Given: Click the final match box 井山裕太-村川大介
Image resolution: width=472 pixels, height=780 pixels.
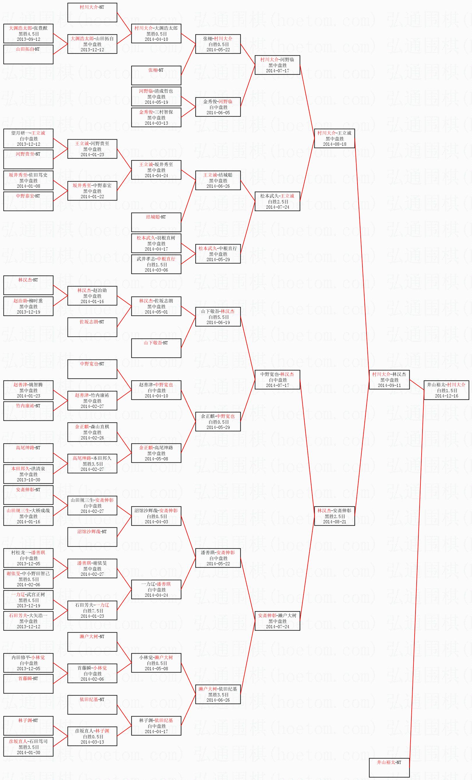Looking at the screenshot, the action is (x=446, y=390).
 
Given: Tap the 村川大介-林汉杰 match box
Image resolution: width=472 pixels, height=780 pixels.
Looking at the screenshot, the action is (x=389, y=380).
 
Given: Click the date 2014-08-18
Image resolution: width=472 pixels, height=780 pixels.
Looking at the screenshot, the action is (x=334, y=144).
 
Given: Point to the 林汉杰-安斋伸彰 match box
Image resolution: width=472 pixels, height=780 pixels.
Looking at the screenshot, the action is (x=334, y=516).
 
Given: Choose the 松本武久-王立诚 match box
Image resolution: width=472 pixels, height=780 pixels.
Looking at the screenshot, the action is (x=277, y=201).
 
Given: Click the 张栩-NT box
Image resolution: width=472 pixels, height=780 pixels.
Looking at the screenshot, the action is (x=156, y=75).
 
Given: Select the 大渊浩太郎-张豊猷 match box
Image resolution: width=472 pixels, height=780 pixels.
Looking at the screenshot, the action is (x=29, y=33).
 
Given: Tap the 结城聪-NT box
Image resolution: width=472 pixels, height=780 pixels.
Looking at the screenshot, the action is (x=156, y=222).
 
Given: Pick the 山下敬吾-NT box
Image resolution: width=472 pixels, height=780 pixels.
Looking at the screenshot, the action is (x=156, y=348).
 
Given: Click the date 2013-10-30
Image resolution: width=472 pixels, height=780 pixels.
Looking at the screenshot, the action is (x=29, y=480).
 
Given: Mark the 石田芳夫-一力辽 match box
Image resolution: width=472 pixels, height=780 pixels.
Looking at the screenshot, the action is (x=92, y=610).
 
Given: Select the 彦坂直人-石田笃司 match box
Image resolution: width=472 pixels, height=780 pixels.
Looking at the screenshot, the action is (x=29, y=747).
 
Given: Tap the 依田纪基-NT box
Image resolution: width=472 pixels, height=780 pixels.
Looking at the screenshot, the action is (x=92, y=705).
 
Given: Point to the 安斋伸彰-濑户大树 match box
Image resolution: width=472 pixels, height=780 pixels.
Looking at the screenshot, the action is (x=277, y=621).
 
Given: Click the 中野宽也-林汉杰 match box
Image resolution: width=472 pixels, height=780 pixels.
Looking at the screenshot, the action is (x=277, y=380).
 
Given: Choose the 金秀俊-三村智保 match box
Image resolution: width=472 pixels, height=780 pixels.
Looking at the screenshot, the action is (x=156, y=117).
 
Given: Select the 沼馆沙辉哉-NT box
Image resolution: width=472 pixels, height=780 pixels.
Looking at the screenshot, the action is (x=92, y=537).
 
